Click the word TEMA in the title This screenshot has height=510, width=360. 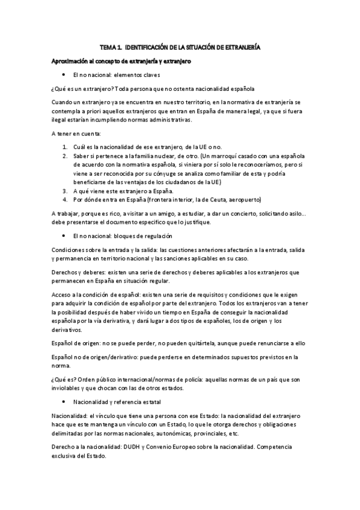click(x=107, y=46)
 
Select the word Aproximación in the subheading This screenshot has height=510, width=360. click(x=69, y=61)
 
